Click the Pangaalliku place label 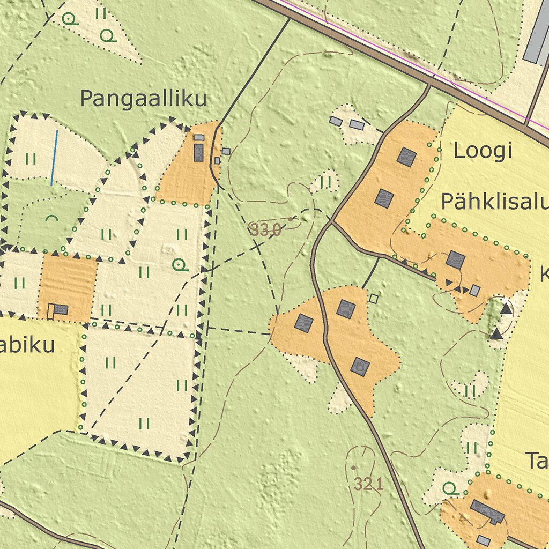(x=143, y=99)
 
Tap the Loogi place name (x=483, y=151)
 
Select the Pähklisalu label (x=494, y=202)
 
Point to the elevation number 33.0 (x=265, y=231)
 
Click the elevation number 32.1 (x=369, y=484)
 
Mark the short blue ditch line (x=54, y=158)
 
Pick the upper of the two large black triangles (x=506, y=309)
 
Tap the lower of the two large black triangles (x=496, y=335)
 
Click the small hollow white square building (x=374, y=299)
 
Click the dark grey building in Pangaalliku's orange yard (x=198, y=153)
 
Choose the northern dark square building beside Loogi (x=407, y=157)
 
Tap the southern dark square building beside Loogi (x=384, y=198)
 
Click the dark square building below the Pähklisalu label (x=456, y=260)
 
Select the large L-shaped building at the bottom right (x=487, y=511)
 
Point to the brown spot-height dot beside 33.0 (x=291, y=219)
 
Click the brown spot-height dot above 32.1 (x=353, y=468)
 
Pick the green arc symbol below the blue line (x=51, y=219)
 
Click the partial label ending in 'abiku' (x=27, y=346)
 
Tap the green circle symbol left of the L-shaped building (x=450, y=488)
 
